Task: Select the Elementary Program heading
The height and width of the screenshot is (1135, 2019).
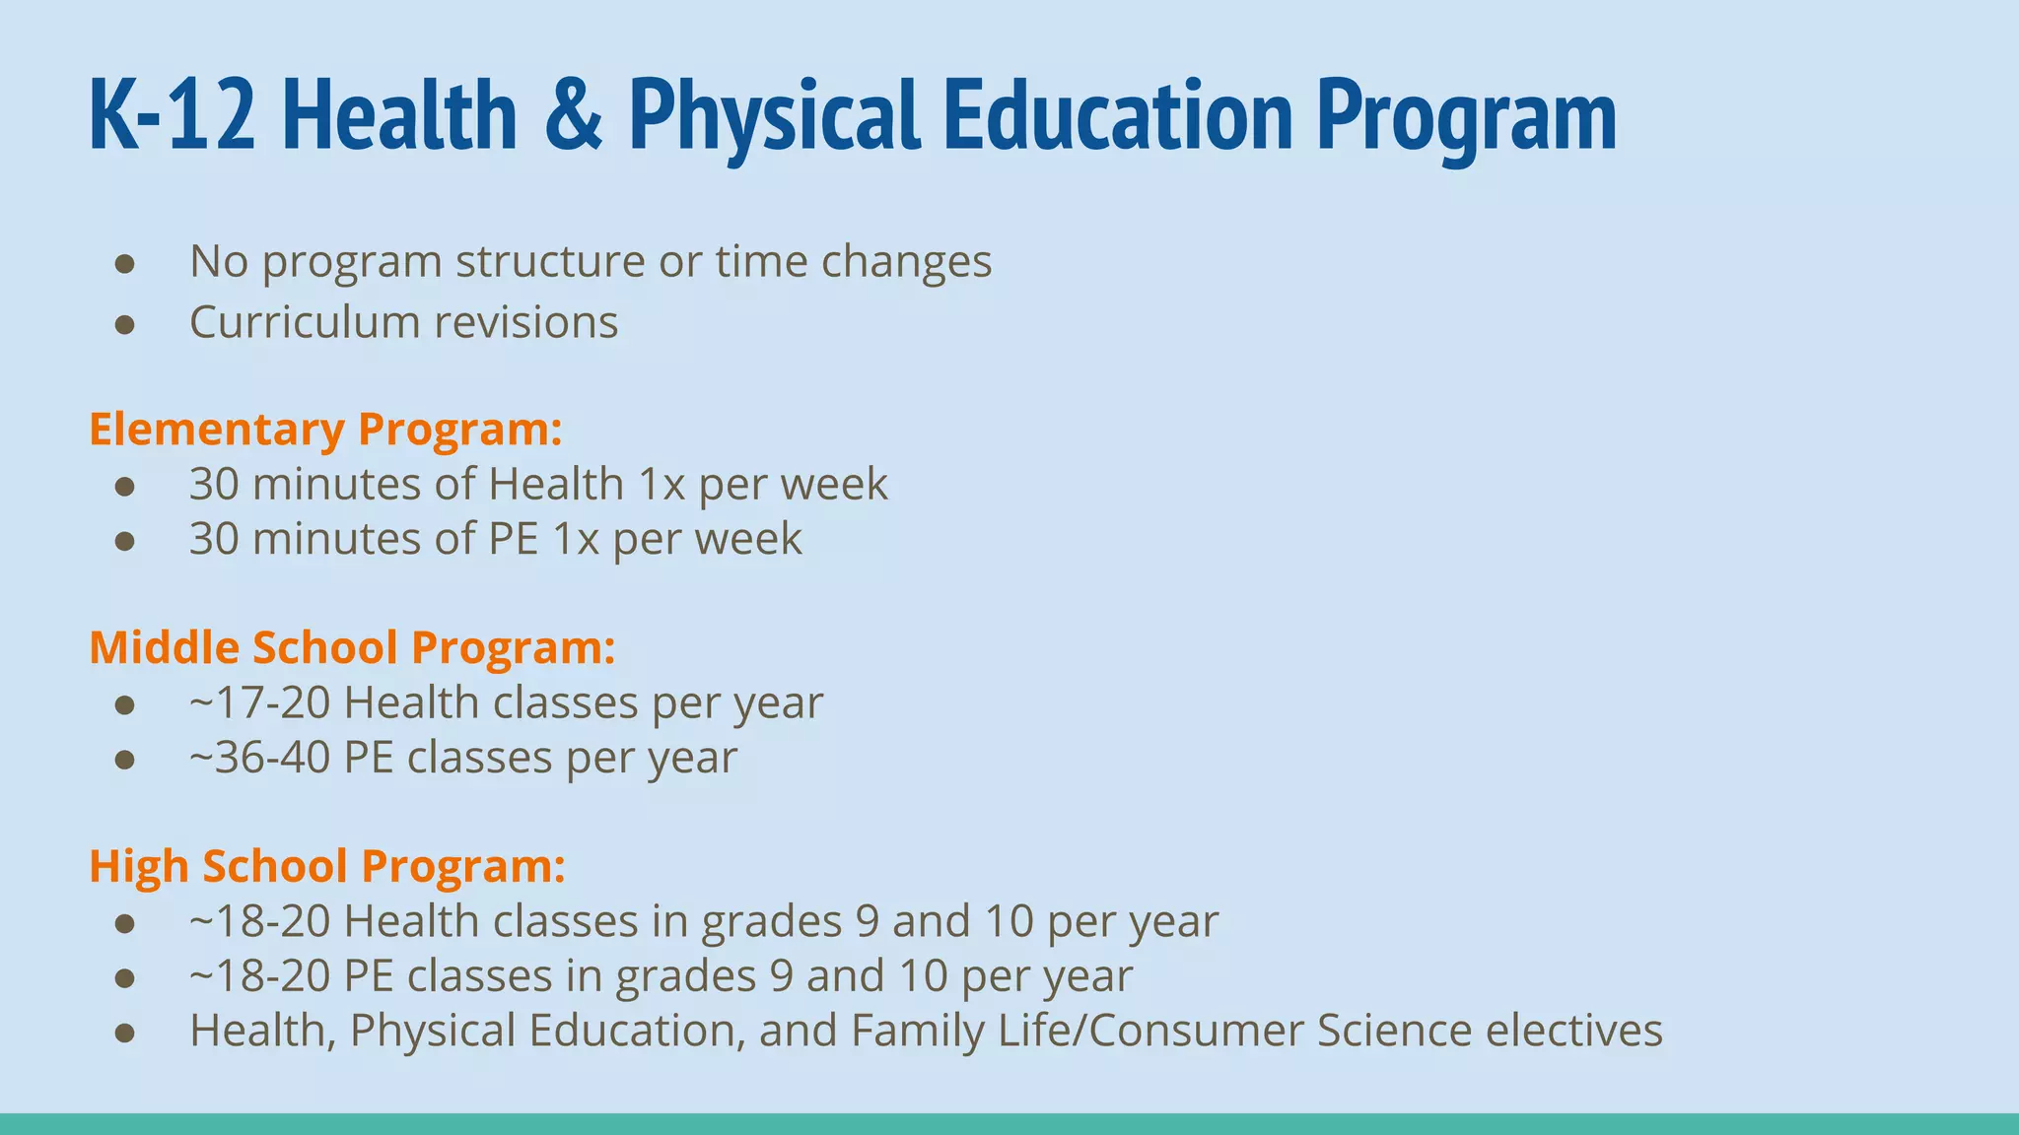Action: [325, 430]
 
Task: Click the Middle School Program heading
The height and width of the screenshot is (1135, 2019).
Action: [352, 647]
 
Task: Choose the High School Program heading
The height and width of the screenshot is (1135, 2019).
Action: [327, 866]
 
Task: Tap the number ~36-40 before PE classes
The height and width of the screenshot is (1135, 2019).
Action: [259, 758]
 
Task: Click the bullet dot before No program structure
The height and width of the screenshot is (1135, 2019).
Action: [124, 263]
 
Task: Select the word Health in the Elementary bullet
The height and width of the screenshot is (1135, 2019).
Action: [556, 485]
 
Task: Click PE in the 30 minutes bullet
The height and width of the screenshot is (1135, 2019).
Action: [514, 539]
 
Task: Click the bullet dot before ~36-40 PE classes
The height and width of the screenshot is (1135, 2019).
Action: [124, 760]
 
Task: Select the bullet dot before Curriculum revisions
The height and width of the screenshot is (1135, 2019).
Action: [124, 324]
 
